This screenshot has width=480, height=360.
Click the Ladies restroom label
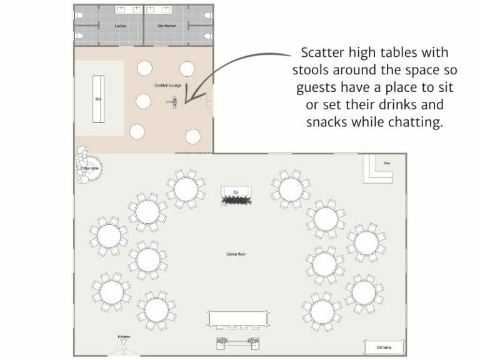[121, 26]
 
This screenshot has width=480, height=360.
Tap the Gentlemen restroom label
[167, 26]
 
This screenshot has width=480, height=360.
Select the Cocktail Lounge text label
[168, 85]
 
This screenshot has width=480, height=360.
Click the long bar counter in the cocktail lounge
[98, 99]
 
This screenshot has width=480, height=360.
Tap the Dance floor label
[236, 254]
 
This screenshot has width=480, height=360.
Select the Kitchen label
[124, 337]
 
